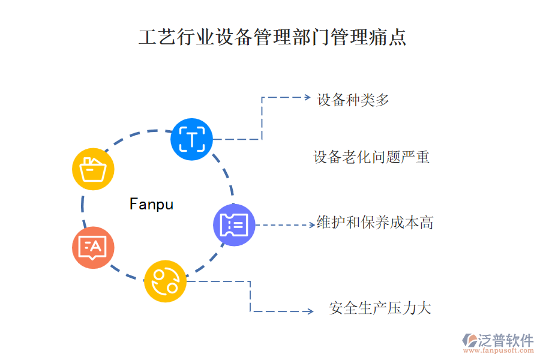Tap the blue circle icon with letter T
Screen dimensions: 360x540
coord(191,139)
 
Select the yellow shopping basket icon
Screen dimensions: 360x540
coord(93,169)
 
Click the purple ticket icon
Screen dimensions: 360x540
coord(234,225)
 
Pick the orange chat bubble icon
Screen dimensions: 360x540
coord(93,247)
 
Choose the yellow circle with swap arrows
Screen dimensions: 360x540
coord(165,281)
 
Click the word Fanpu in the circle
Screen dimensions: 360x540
coord(151,205)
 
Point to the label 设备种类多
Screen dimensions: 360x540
coord(353,100)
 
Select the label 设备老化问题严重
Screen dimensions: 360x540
coord(371,158)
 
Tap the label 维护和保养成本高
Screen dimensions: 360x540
coord(375,223)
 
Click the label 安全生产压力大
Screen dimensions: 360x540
coord(380,309)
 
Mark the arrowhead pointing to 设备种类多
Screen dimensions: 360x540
coord(307,97)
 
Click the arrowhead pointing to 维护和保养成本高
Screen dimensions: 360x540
coord(311,225)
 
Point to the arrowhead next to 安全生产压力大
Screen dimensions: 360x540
coord(310,311)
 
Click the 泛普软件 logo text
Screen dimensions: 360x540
coord(505,340)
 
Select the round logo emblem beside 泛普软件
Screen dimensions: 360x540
coord(469,340)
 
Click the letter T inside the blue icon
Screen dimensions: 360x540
coord(191,140)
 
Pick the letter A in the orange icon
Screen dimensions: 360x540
coord(95,245)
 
